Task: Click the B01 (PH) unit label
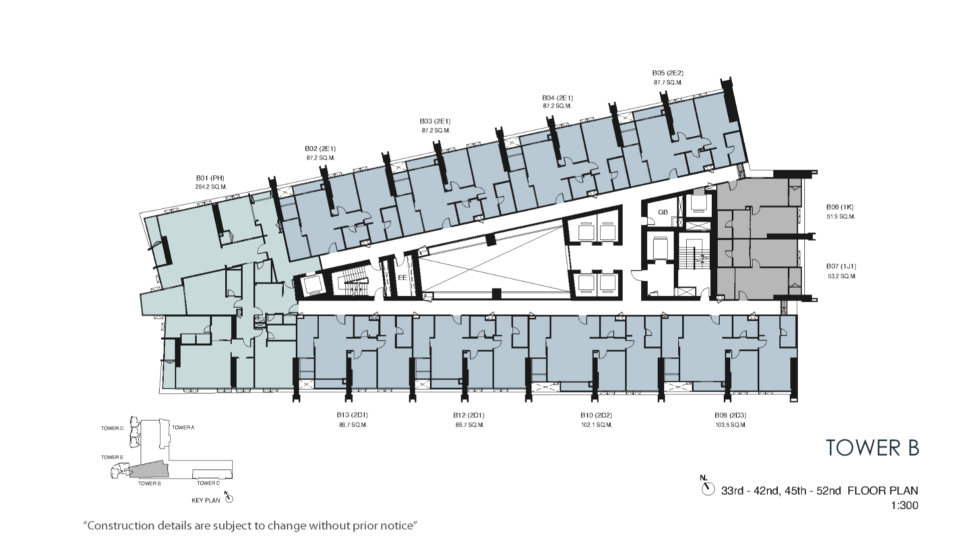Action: pos(210,177)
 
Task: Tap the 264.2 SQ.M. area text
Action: pos(211,187)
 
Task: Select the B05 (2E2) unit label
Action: pos(668,73)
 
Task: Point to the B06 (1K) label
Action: pos(840,207)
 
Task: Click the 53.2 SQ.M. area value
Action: pos(841,276)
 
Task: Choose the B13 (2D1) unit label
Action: pos(352,415)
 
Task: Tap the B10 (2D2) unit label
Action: pos(596,415)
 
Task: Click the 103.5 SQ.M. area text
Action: pos(731,425)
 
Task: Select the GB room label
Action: pos(663,212)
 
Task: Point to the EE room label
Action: pos(402,277)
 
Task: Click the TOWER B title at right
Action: pos(872,447)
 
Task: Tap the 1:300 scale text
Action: pos(905,505)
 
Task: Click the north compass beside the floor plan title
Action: pos(708,488)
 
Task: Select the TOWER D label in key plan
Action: pos(112,428)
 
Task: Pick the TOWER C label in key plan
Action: pos(208,483)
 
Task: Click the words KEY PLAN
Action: pos(206,500)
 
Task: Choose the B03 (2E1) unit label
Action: pos(435,121)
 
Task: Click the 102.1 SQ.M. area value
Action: pos(597,425)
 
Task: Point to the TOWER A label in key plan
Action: pos(183,427)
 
